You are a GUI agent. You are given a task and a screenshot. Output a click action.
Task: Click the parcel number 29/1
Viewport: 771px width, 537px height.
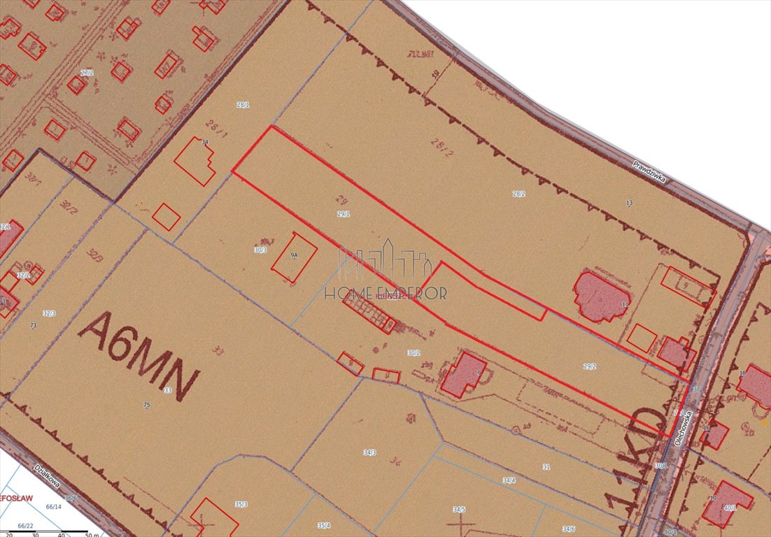point(344,214)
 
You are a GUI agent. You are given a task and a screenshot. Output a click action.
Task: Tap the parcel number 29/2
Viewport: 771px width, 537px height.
point(590,366)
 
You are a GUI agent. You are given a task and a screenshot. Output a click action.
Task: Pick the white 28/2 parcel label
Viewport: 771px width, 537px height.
point(518,194)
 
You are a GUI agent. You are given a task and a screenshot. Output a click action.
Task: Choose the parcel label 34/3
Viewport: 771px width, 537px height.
point(369,452)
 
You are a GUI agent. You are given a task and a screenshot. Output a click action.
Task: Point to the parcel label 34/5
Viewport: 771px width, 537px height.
point(459,510)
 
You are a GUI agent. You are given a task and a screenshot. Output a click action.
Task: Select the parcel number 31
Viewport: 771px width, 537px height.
point(546,466)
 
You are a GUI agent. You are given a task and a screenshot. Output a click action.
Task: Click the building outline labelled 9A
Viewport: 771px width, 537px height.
point(294,257)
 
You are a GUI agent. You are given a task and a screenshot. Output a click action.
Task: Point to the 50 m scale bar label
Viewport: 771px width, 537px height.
point(92,535)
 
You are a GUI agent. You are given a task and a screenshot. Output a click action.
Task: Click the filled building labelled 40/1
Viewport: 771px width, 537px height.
point(728,503)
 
